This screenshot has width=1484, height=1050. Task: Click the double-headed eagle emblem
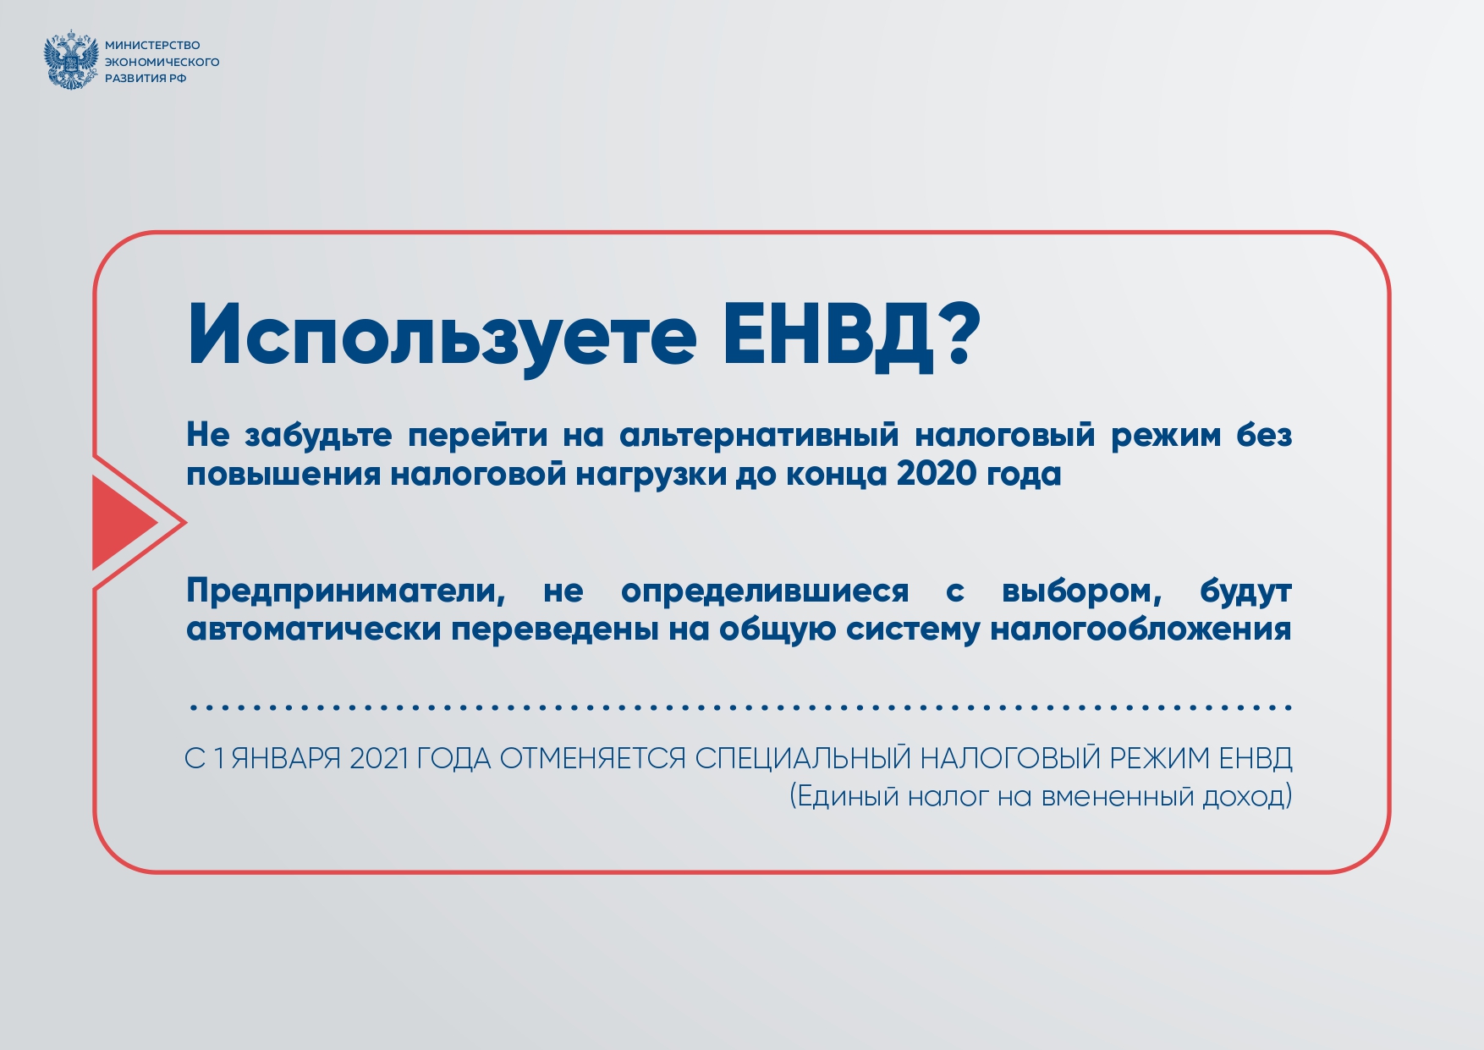click(71, 60)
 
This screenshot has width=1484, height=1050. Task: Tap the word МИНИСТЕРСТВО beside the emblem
click(152, 46)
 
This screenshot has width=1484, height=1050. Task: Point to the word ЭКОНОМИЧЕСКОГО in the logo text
click(162, 62)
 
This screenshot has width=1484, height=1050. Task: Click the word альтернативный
click(759, 435)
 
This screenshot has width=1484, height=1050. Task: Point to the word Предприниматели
click(346, 591)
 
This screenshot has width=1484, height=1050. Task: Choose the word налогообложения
click(1140, 630)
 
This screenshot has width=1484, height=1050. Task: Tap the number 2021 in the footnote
click(378, 758)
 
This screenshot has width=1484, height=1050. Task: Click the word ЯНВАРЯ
click(286, 758)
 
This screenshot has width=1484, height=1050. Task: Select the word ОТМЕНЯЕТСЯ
click(592, 758)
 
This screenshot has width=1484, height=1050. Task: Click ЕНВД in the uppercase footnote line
click(1256, 758)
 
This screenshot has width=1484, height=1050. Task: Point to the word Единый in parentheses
click(848, 796)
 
